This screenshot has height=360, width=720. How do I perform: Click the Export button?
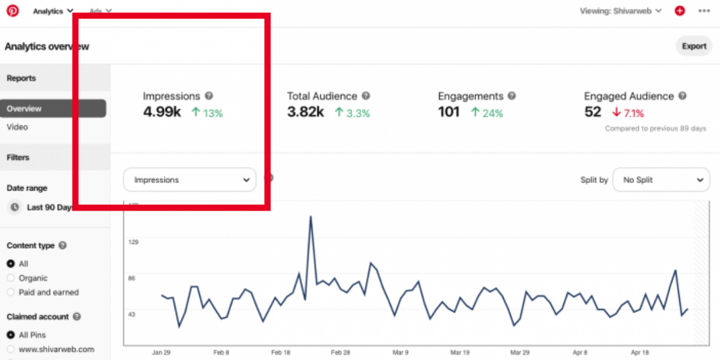point(694,46)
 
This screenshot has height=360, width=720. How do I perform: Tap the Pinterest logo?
point(13,11)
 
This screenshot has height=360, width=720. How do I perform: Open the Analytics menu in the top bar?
point(53,11)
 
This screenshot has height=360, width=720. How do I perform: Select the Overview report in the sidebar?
point(53,109)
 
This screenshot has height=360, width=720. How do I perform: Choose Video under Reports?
point(17,127)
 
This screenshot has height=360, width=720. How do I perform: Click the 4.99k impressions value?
point(162,112)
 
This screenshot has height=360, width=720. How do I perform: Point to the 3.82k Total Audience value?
point(305,112)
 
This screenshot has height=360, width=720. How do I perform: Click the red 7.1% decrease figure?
point(629,113)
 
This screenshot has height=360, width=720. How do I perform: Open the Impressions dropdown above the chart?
point(190,179)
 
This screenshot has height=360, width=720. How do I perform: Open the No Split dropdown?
point(661,179)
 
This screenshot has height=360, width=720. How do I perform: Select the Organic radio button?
point(11,278)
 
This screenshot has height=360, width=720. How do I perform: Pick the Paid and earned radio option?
point(11,293)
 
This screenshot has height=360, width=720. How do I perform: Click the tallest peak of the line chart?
point(311,217)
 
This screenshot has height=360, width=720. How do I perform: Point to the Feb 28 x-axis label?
point(340,353)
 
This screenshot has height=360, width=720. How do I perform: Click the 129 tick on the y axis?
point(133,242)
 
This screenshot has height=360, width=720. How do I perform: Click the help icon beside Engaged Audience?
point(682,96)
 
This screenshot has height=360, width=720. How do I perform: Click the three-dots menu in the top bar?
point(703,11)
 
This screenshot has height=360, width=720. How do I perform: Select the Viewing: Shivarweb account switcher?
point(620,11)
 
